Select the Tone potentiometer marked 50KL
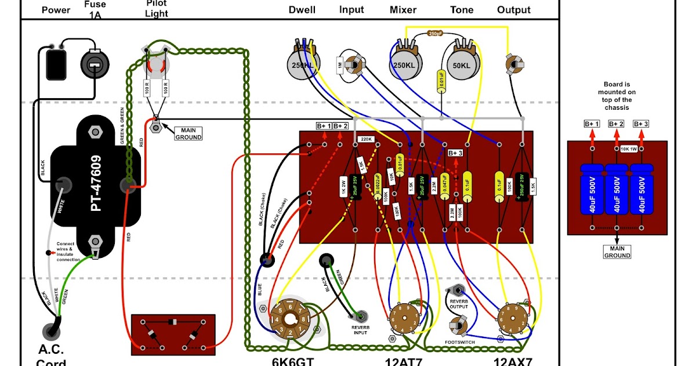click(462, 66)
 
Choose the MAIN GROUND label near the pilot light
click(188, 134)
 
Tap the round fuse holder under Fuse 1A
click(93, 63)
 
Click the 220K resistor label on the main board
click(366, 139)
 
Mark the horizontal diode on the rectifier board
click(172, 322)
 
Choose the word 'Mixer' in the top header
click(403, 10)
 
